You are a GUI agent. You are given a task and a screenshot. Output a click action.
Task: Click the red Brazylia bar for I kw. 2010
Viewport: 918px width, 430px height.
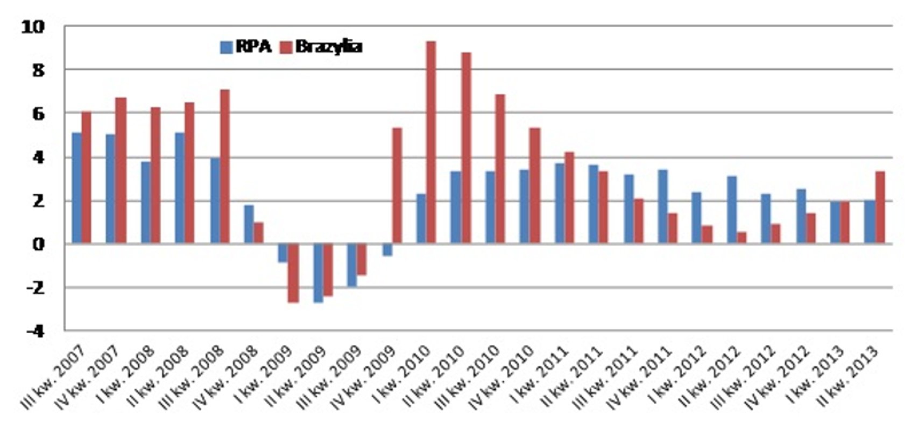click(431, 142)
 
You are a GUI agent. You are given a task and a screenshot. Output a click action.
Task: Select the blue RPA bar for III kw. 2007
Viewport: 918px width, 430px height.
click(77, 188)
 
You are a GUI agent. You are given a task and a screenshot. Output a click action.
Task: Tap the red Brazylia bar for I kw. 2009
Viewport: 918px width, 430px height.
click(293, 273)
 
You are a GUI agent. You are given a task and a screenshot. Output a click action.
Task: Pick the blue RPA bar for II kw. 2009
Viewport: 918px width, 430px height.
click(319, 273)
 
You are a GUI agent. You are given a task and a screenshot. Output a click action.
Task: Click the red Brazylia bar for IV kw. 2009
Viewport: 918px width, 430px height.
click(397, 185)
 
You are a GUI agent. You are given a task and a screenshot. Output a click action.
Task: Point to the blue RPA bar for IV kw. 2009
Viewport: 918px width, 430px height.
click(387, 250)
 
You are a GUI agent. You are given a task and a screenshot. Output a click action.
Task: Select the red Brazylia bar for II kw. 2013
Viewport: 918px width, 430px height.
click(880, 207)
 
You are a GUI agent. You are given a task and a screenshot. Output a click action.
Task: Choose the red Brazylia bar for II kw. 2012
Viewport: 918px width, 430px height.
click(742, 238)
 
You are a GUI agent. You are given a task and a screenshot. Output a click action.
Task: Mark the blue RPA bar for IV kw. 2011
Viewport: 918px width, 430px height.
click(663, 207)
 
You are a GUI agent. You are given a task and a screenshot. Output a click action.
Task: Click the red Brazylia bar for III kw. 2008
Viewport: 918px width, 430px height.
click(225, 167)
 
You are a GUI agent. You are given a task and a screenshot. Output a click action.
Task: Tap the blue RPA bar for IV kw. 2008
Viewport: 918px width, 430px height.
click(249, 224)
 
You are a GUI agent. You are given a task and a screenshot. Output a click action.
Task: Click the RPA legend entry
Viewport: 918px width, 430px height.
click(246, 47)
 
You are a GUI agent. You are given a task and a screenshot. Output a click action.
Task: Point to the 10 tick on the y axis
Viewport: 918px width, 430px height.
click(33, 26)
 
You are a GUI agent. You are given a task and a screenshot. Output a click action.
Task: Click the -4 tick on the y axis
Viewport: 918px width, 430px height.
click(35, 331)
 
